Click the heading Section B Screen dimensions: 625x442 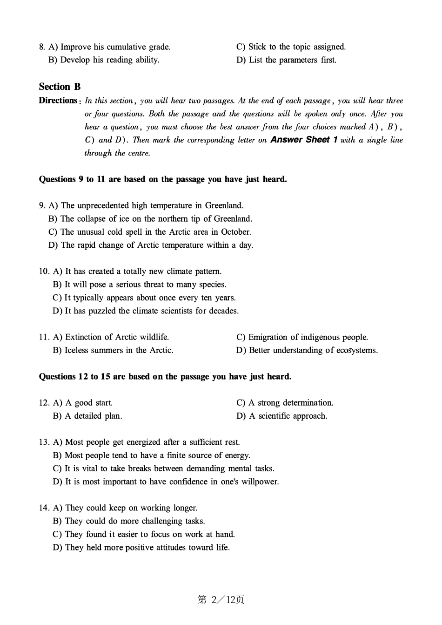coord(60,87)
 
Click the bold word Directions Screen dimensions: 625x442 coord(58,101)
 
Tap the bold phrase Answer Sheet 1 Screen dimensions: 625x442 coord(303,140)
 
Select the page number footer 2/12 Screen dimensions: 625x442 coord(221,600)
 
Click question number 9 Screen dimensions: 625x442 coord(42,205)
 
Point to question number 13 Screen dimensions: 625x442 coord(44,442)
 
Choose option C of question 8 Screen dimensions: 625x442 coord(291,47)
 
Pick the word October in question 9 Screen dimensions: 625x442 coord(236,232)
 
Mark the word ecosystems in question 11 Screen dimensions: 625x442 coord(356,350)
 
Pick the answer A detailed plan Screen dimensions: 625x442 coord(93,416)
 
